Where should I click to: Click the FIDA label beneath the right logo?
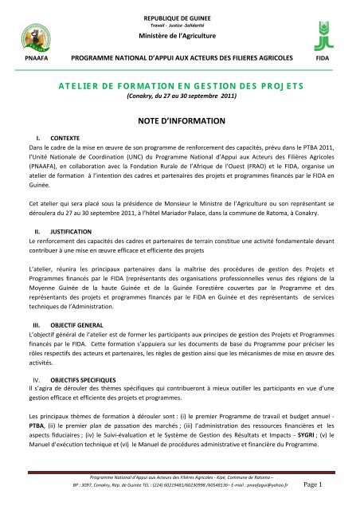tap(323, 58)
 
